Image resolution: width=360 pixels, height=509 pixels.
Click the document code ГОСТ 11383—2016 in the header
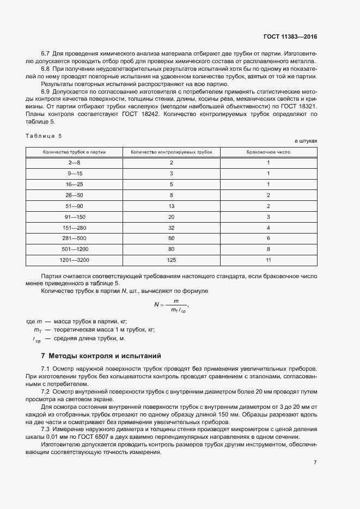click(290, 36)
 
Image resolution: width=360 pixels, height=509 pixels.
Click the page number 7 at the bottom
click(315, 462)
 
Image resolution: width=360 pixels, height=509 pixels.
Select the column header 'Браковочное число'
click(269, 152)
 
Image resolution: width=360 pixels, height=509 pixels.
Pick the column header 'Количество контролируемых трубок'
click(172, 152)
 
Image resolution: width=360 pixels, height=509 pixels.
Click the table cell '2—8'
click(74, 163)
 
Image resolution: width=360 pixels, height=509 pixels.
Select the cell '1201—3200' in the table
click(74, 260)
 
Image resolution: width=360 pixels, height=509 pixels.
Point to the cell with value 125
click(172, 260)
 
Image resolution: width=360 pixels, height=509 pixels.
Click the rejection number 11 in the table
click(269, 260)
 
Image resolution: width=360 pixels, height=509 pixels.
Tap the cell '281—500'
click(74, 238)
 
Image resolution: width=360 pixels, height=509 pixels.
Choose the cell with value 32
click(172, 228)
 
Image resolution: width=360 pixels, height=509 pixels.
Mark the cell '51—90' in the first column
click(74, 206)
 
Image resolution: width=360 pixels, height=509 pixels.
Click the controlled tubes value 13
click(172, 206)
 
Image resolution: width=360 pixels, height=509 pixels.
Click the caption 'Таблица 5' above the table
click(44, 135)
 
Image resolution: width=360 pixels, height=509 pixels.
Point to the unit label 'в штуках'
click(306, 140)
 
